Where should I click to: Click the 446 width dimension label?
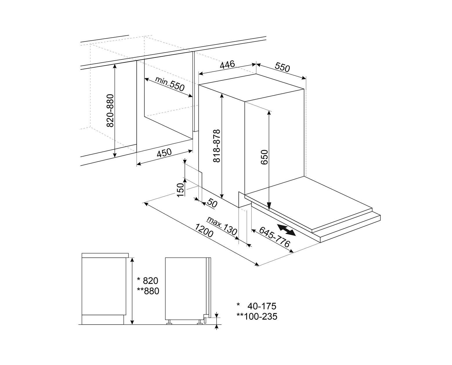pyautogui.click(x=227, y=65)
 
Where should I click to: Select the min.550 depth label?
pyautogui.click(x=170, y=84)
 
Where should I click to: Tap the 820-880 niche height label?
pyautogui.click(x=110, y=110)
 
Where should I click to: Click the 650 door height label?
pyautogui.click(x=265, y=157)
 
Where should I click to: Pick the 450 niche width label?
pyautogui.click(x=164, y=153)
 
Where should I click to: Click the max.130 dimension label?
pyautogui.click(x=222, y=225)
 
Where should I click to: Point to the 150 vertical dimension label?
pyautogui.click(x=180, y=190)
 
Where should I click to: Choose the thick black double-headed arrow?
pyautogui.click(x=286, y=229)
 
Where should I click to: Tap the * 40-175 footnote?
pyautogui.click(x=256, y=306)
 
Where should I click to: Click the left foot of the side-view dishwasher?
pyautogui.click(x=169, y=322)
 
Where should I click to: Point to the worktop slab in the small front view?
pyautogui.click(x=105, y=255)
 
